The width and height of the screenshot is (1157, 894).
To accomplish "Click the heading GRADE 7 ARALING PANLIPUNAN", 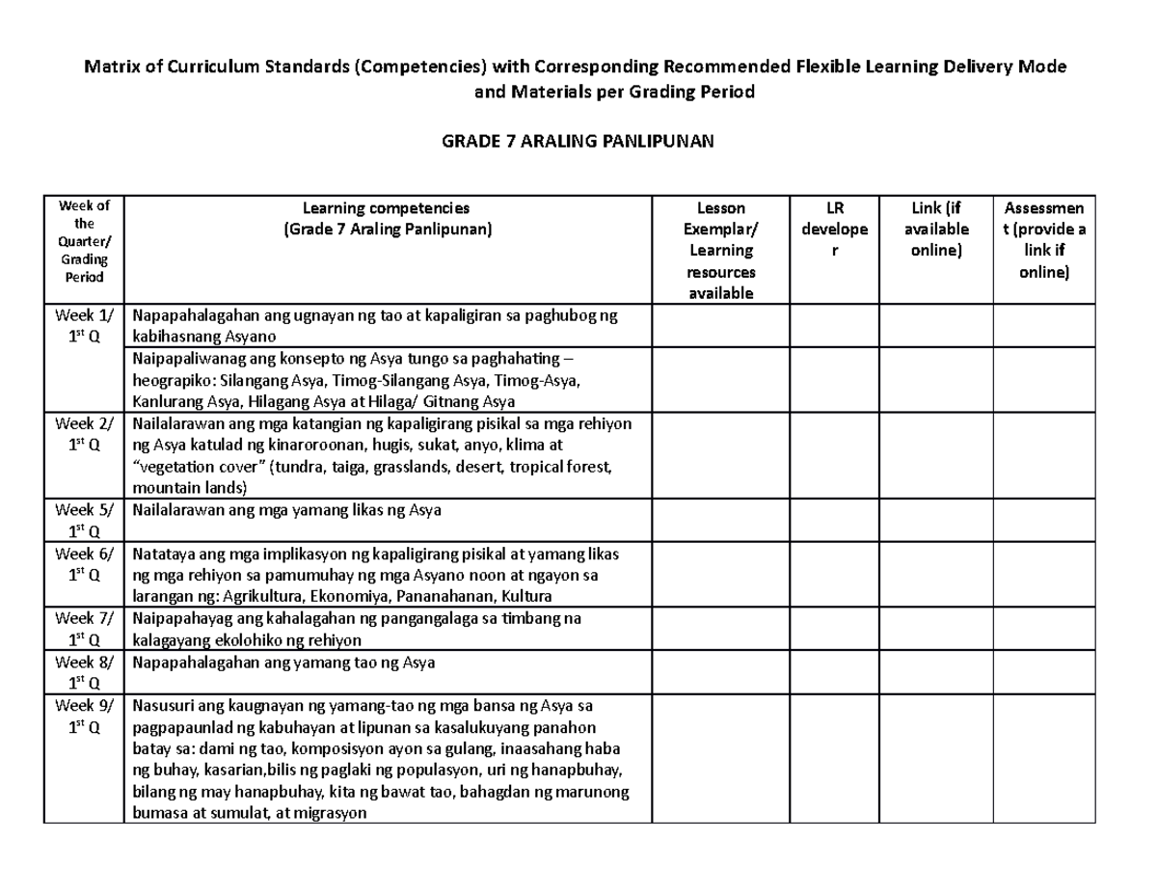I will pyautogui.click(x=578, y=142).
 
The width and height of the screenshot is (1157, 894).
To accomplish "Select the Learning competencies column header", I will pyautogui.click(x=386, y=219).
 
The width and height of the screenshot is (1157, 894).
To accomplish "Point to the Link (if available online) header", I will pyautogui.click(x=936, y=229).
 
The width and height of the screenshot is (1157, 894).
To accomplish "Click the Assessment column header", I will pyautogui.click(x=1045, y=239).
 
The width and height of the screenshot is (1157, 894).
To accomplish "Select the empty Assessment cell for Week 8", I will pyautogui.click(x=1045, y=672).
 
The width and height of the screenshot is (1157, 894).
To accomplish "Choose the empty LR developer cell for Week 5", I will pyautogui.click(x=834, y=521).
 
